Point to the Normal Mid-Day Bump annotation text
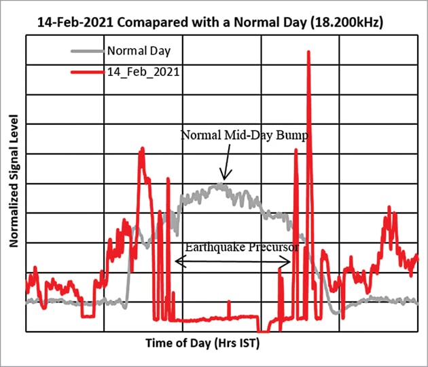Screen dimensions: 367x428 click(245, 136)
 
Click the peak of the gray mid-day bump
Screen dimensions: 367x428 click(221, 184)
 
